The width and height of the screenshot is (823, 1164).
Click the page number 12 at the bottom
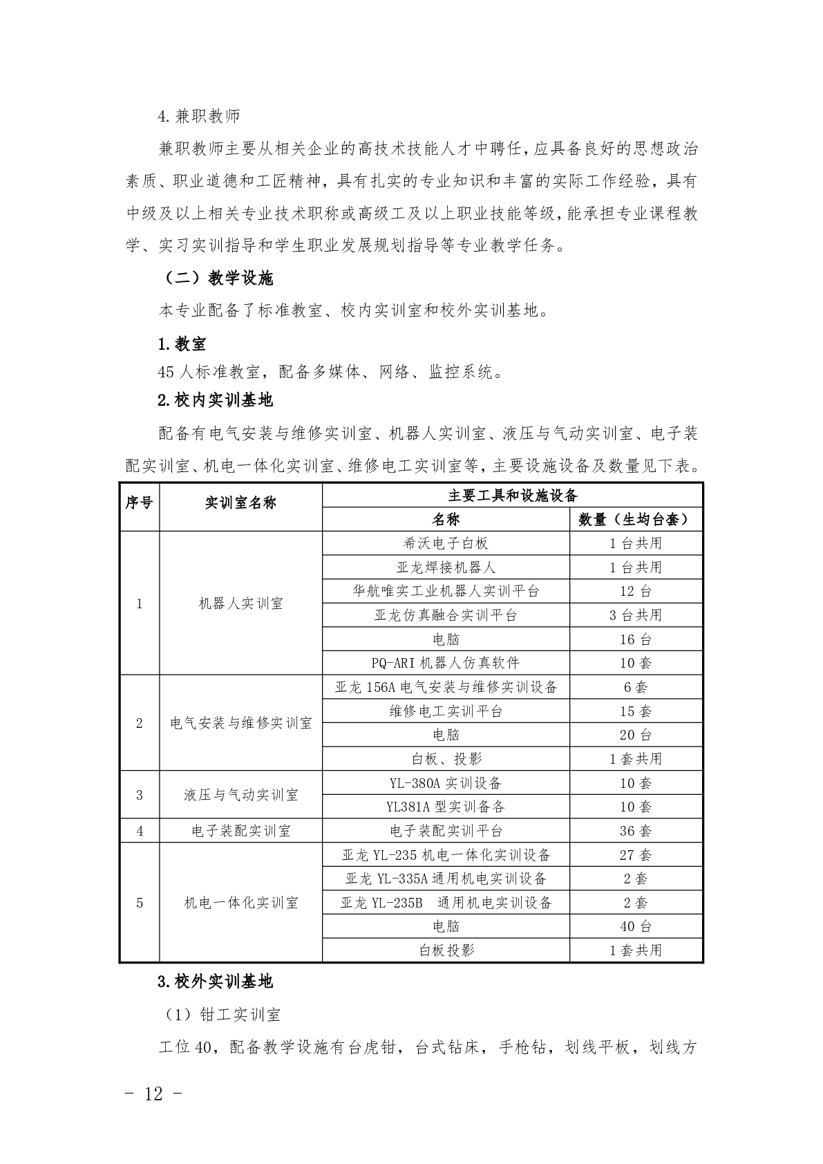(154, 1093)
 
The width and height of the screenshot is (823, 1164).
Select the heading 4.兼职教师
(199, 116)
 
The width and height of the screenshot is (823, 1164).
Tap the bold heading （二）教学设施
(218, 279)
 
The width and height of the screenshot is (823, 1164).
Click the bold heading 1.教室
(182, 344)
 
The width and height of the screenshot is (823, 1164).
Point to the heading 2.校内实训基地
(215, 400)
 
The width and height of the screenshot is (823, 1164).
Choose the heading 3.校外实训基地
(215, 981)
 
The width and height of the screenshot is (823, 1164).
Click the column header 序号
(139, 503)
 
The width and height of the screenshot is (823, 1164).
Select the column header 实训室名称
(240, 503)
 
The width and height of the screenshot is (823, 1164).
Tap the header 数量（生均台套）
(635, 519)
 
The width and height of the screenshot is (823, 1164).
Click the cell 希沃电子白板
(446, 543)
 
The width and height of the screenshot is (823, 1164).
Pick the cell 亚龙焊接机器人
(446, 567)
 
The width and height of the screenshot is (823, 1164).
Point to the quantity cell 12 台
(635, 591)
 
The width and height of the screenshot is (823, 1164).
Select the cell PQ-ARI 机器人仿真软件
(446, 663)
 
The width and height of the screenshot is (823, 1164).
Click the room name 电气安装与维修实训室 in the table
(240, 723)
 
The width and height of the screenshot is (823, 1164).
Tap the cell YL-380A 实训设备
(446, 783)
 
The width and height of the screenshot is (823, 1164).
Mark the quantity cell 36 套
(635, 831)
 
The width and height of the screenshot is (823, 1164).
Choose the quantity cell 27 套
(635, 855)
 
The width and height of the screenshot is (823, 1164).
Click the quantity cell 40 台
(635, 926)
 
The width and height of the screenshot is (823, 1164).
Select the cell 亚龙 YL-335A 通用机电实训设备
(446, 879)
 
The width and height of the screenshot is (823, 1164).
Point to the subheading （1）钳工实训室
(221, 1015)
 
